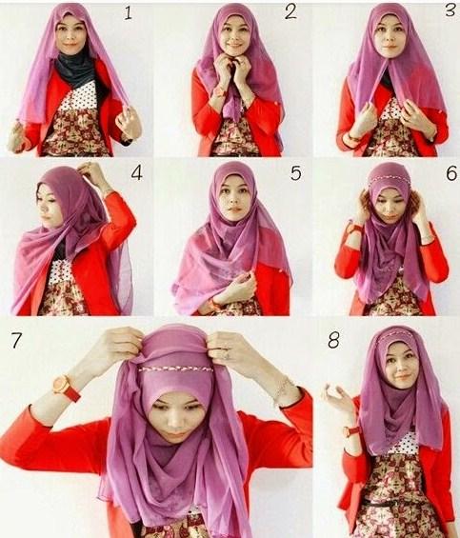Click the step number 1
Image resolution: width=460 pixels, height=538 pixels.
[128, 13]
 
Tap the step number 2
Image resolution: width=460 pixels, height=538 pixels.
[290, 12]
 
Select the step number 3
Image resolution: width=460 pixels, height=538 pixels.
[450, 10]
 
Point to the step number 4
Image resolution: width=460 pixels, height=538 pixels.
[136, 173]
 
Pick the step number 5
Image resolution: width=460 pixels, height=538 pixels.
[295, 173]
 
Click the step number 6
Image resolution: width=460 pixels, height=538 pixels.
[451, 173]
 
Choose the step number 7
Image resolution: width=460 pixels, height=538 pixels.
[16, 340]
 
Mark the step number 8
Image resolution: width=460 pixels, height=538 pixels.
[333, 340]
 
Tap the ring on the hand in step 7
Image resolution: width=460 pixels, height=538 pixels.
[227, 355]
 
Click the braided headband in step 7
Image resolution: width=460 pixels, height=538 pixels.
[176, 369]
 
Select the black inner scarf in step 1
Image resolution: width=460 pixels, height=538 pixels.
[76, 70]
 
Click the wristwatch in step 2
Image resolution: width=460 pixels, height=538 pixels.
[219, 91]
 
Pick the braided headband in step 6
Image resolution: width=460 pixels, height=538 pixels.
[389, 180]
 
